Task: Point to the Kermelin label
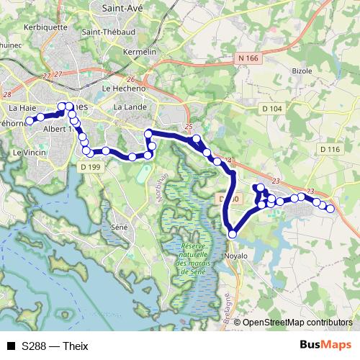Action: point(140,52)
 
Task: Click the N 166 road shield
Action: point(246,57)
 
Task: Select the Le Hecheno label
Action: point(120,89)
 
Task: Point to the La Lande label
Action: point(130,107)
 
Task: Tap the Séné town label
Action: point(120,227)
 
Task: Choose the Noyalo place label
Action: point(235,256)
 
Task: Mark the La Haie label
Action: point(22,107)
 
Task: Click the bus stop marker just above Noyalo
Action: point(233,234)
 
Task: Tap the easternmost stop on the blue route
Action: point(330,209)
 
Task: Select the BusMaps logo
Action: point(325,345)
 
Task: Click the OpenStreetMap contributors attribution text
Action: point(297,322)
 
